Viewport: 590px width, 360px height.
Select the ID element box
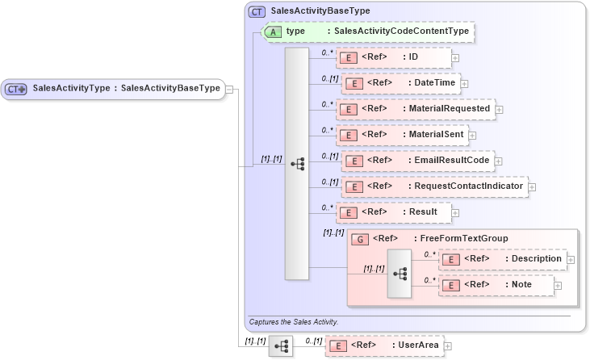click(393, 57)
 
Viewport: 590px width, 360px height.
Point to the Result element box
click(393, 212)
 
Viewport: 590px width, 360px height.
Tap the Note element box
click(496, 285)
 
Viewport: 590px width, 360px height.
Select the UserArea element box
click(383, 345)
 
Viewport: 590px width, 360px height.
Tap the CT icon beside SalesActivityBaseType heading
click(257, 12)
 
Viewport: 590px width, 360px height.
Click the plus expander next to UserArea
click(448, 345)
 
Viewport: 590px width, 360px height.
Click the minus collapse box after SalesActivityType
click(230, 89)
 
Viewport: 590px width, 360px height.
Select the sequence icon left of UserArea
click(281, 345)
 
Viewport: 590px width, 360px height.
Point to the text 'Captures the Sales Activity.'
click(293, 321)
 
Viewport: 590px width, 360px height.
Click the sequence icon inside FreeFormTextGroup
click(400, 273)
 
